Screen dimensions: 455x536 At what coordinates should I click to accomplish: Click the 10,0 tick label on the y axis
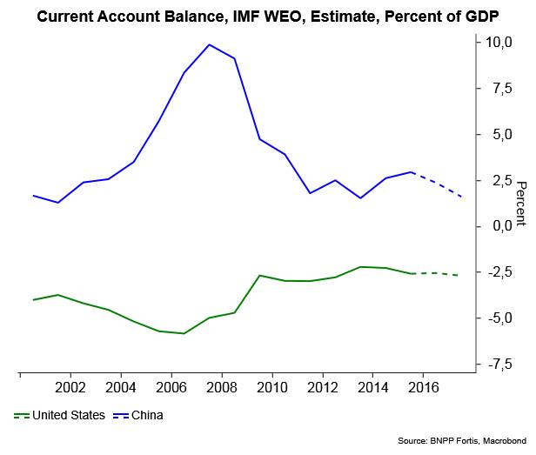pos(499,42)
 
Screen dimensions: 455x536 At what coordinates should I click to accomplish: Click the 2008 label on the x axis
pos(222,387)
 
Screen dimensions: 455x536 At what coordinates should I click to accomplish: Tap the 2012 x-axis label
pos(323,387)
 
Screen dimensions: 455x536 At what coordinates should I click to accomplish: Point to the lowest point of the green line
pos(184,333)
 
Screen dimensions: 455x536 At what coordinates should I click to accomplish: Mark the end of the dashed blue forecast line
pos(461,197)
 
